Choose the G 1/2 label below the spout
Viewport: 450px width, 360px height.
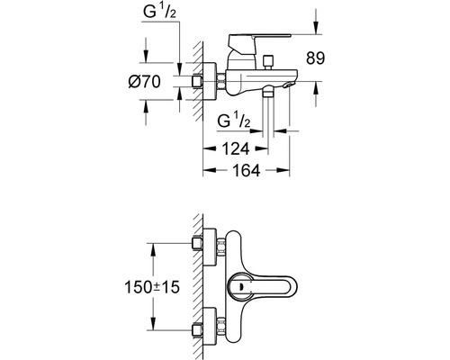pos(235,120)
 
